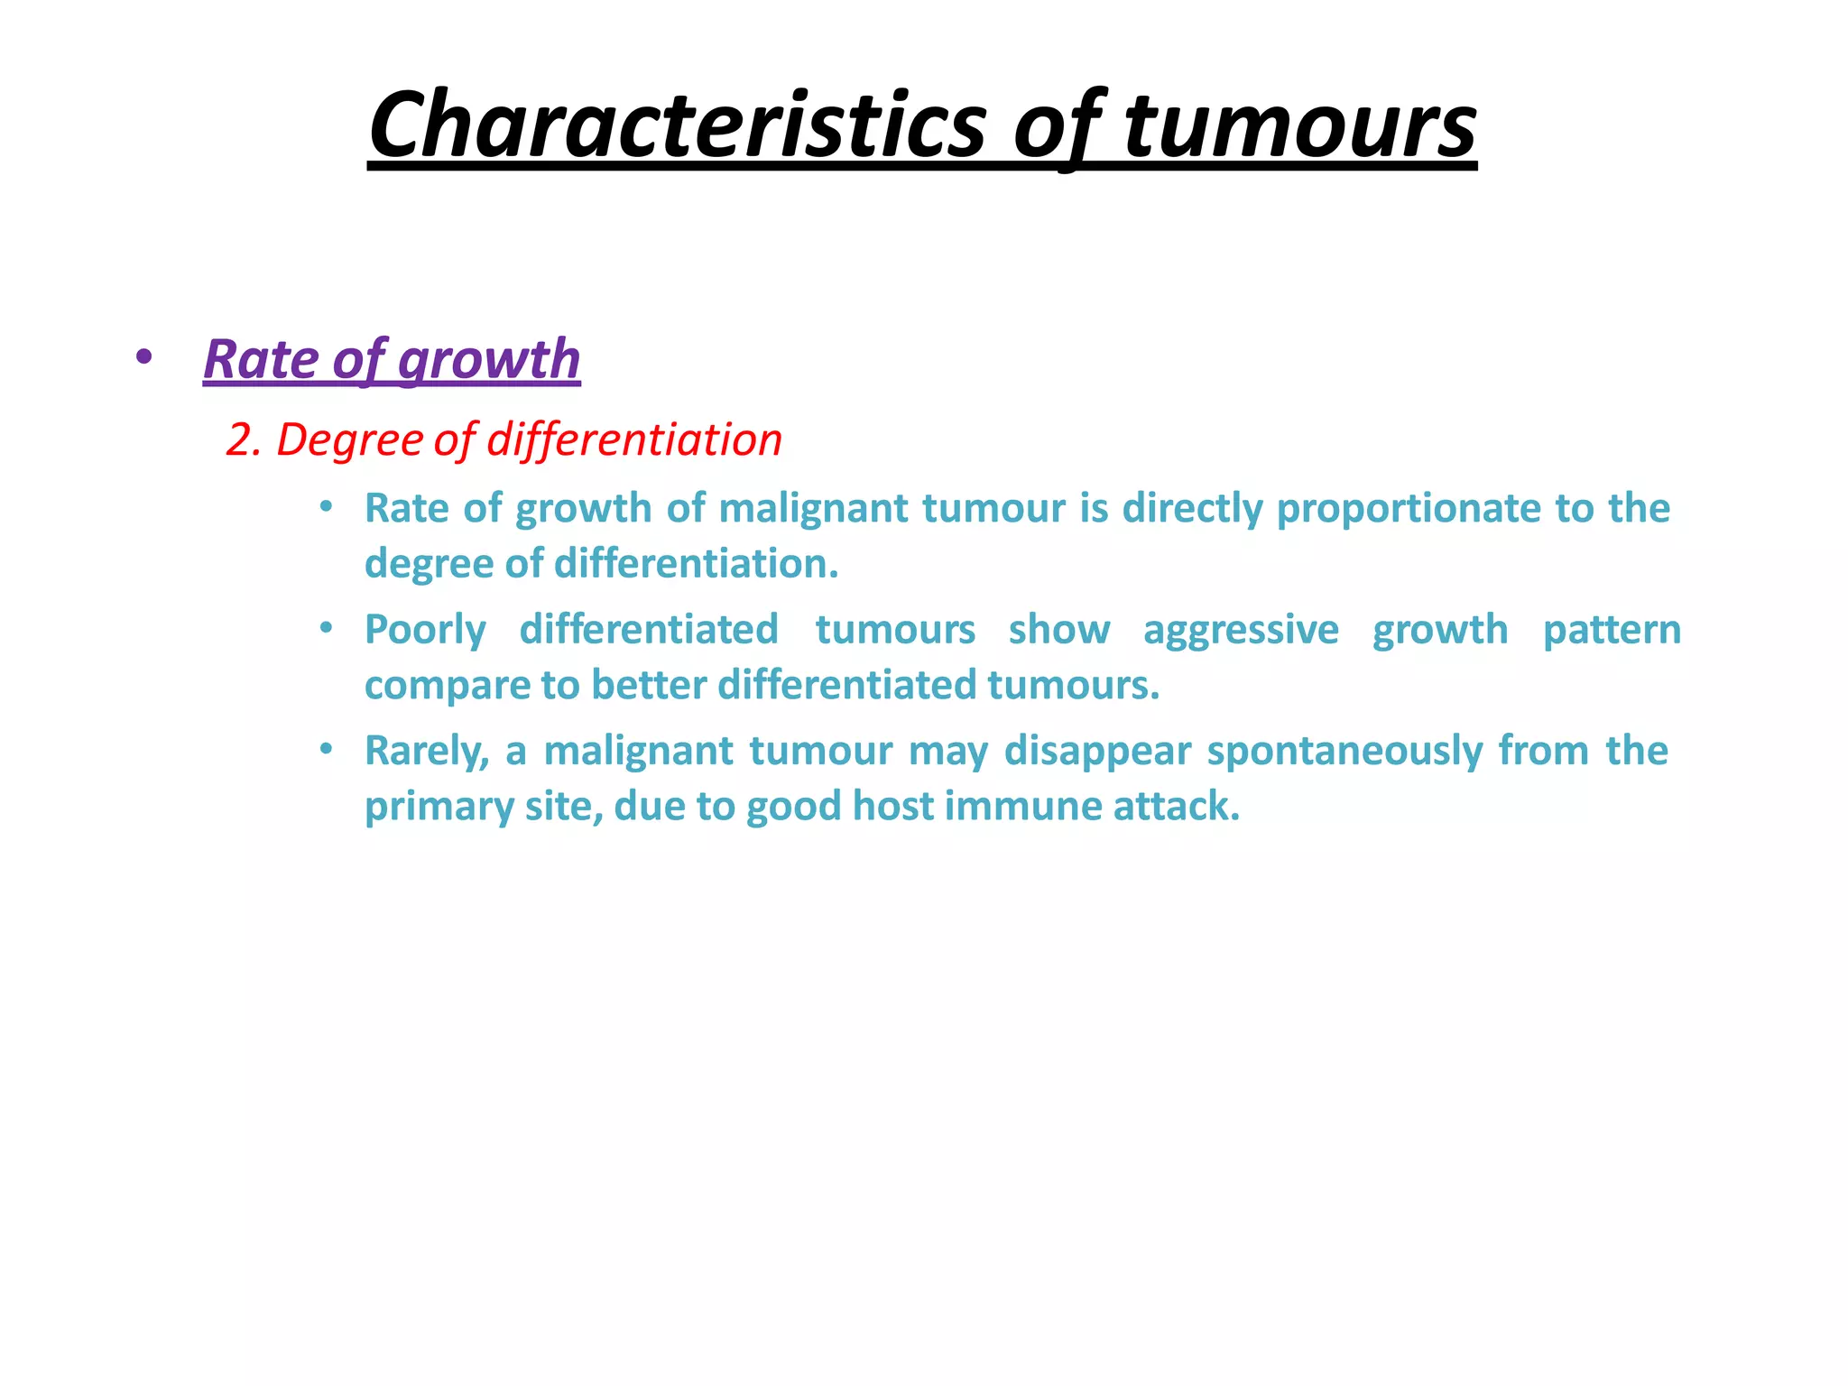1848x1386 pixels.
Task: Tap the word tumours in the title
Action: click(x=1299, y=125)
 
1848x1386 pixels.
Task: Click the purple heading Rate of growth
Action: click(x=392, y=359)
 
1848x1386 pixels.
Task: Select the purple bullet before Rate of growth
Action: click(x=143, y=357)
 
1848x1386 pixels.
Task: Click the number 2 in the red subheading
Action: click(x=238, y=440)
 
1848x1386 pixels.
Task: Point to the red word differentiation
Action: click(x=634, y=440)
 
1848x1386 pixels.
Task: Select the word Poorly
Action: click(x=425, y=630)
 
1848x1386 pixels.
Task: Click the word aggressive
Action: click(x=1241, y=630)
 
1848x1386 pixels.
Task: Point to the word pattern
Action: click(x=1612, y=630)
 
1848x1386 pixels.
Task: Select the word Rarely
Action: click(x=426, y=751)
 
